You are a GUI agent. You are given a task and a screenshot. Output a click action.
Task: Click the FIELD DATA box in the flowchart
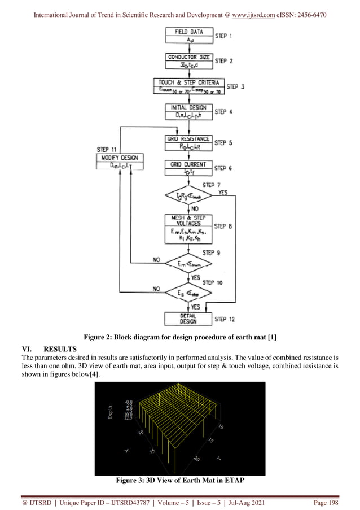[188, 36]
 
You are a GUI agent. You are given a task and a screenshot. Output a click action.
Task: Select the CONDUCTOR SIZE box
[188, 60]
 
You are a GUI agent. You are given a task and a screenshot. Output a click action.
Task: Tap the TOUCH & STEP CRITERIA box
[188, 86]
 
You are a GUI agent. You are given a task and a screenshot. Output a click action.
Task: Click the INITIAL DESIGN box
[188, 111]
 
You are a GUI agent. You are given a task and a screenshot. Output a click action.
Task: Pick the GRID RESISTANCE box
[188, 142]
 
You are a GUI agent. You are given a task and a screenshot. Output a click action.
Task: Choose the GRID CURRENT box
[188, 168]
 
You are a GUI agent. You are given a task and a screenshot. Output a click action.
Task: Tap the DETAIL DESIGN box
[188, 319]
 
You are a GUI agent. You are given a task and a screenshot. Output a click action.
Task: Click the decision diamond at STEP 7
[188, 196]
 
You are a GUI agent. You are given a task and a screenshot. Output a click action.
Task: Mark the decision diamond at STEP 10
[188, 292]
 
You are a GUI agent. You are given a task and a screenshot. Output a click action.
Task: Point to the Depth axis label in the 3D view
[111, 412]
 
